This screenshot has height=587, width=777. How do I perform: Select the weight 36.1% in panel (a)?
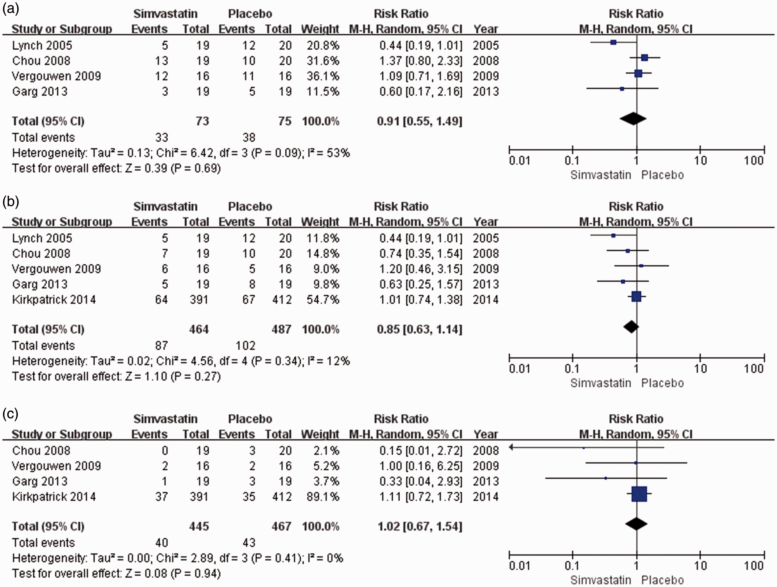[x=323, y=76]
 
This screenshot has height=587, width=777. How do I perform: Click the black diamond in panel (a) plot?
[x=633, y=118]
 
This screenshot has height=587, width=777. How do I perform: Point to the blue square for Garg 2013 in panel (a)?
[x=622, y=89]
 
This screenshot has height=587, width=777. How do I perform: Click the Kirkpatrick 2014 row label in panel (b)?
[x=54, y=299]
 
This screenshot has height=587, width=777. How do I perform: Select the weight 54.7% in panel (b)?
[x=323, y=299]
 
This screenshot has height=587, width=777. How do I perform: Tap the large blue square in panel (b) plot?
[x=636, y=297]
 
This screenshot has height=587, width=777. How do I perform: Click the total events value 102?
[x=245, y=346]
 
